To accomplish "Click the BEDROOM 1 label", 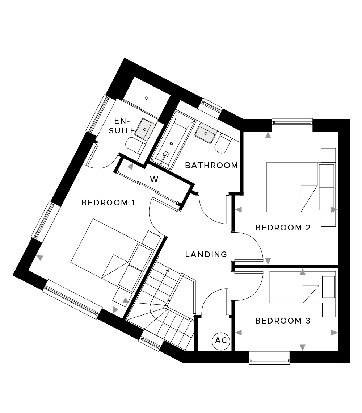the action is pyautogui.click(x=108, y=203).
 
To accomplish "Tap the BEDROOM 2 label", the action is pyautogui.click(x=283, y=227).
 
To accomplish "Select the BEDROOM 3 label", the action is pyautogui.click(x=283, y=321).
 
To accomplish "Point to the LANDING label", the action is pyautogui.click(x=206, y=254).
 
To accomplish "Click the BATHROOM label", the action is pyautogui.click(x=212, y=165).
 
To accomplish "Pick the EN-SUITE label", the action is pyautogui.click(x=122, y=126).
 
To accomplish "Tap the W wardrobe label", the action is pyautogui.click(x=154, y=179).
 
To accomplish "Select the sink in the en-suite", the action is pyautogui.click(x=144, y=129).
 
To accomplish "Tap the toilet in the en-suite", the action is pyautogui.click(x=135, y=146).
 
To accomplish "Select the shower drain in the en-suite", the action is pyautogui.click(x=146, y=98).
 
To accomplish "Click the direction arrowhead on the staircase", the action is pyautogui.click(x=167, y=270).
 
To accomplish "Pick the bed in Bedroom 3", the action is pyautogui.click(x=303, y=287).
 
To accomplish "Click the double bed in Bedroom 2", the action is pyautogui.click(x=301, y=187).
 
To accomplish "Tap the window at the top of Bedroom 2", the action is pyautogui.click(x=292, y=125).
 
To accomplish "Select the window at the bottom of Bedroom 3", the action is pyautogui.click(x=269, y=358).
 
